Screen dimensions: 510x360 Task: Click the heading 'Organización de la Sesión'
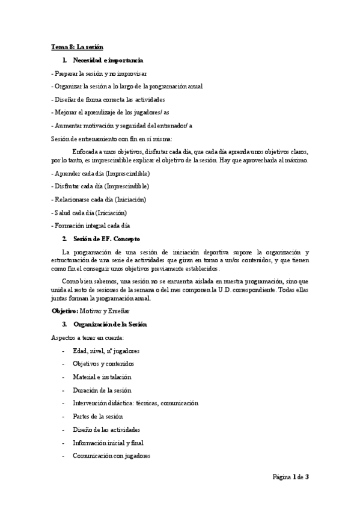(x=109, y=324)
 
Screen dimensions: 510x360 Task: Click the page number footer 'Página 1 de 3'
(x=290, y=477)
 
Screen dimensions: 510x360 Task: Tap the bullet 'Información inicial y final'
(x=109, y=443)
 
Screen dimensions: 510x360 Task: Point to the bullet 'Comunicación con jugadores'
(x=111, y=456)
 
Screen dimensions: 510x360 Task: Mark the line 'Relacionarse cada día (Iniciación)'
(x=99, y=199)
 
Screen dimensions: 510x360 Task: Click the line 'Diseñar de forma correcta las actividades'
(x=108, y=99)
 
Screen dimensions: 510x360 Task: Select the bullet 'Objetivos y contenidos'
(x=103, y=364)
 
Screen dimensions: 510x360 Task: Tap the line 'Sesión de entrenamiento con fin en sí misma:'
(x=111, y=138)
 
